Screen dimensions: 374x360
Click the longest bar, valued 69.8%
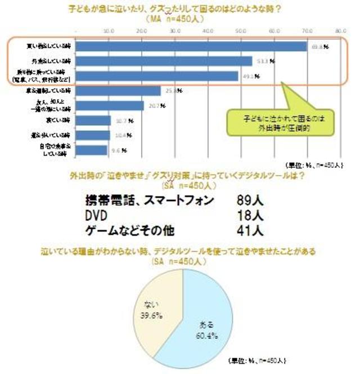pyautogui.click(x=191, y=46)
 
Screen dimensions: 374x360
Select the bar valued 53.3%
pyautogui.click(x=164, y=61)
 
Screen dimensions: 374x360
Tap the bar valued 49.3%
pyautogui.click(x=157, y=76)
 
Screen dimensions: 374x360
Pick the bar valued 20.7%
pyautogui.click(x=109, y=105)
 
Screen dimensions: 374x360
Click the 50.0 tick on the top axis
pyautogui.click(x=241, y=30)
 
